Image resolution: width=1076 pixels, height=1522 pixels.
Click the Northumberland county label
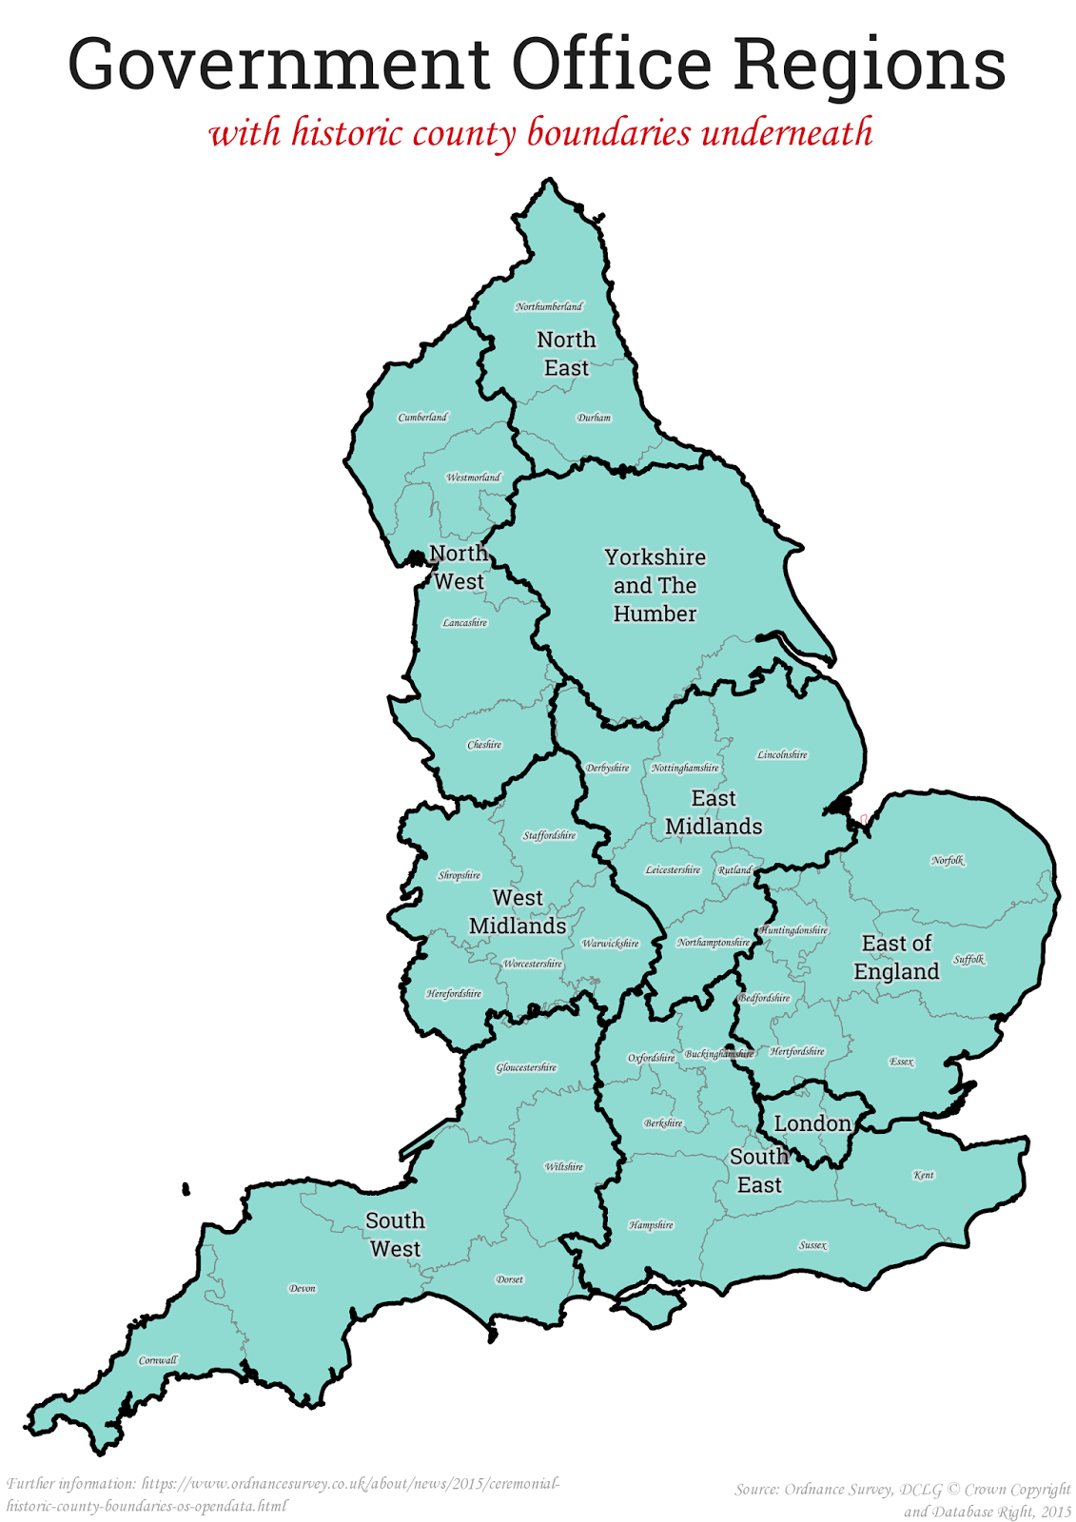(x=549, y=306)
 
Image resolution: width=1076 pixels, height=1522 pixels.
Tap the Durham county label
(x=594, y=418)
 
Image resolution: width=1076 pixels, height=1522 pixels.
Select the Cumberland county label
(x=422, y=417)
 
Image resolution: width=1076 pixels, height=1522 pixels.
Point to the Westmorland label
(x=473, y=478)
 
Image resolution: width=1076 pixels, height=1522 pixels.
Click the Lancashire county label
(x=464, y=623)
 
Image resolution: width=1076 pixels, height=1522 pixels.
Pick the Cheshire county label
(x=484, y=745)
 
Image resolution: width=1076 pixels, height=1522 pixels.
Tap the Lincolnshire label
(x=782, y=755)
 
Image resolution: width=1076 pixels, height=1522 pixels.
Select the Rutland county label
(x=734, y=870)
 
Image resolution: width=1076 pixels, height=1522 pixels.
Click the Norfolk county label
(x=948, y=861)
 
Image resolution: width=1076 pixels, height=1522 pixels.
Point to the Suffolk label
(x=969, y=960)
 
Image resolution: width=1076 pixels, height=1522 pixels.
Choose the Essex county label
(x=902, y=1062)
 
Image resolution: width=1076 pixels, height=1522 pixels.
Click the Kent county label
(x=924, y=1175)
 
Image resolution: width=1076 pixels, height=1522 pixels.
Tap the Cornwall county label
(x=158, y=1360)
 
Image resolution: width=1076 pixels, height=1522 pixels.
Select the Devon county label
(x=303, y=1289)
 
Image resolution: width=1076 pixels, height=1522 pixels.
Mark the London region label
(x=812, y=1123)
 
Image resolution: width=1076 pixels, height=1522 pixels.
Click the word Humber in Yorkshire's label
(x=655, y=615)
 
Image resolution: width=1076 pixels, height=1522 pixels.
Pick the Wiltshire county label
(x=564, y=1167)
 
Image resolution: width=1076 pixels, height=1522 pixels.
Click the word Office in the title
(x=612, y=65)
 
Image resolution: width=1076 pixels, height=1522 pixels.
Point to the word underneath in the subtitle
(x=787, y=132)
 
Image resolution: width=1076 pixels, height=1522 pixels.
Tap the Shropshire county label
(x=460, y=875)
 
